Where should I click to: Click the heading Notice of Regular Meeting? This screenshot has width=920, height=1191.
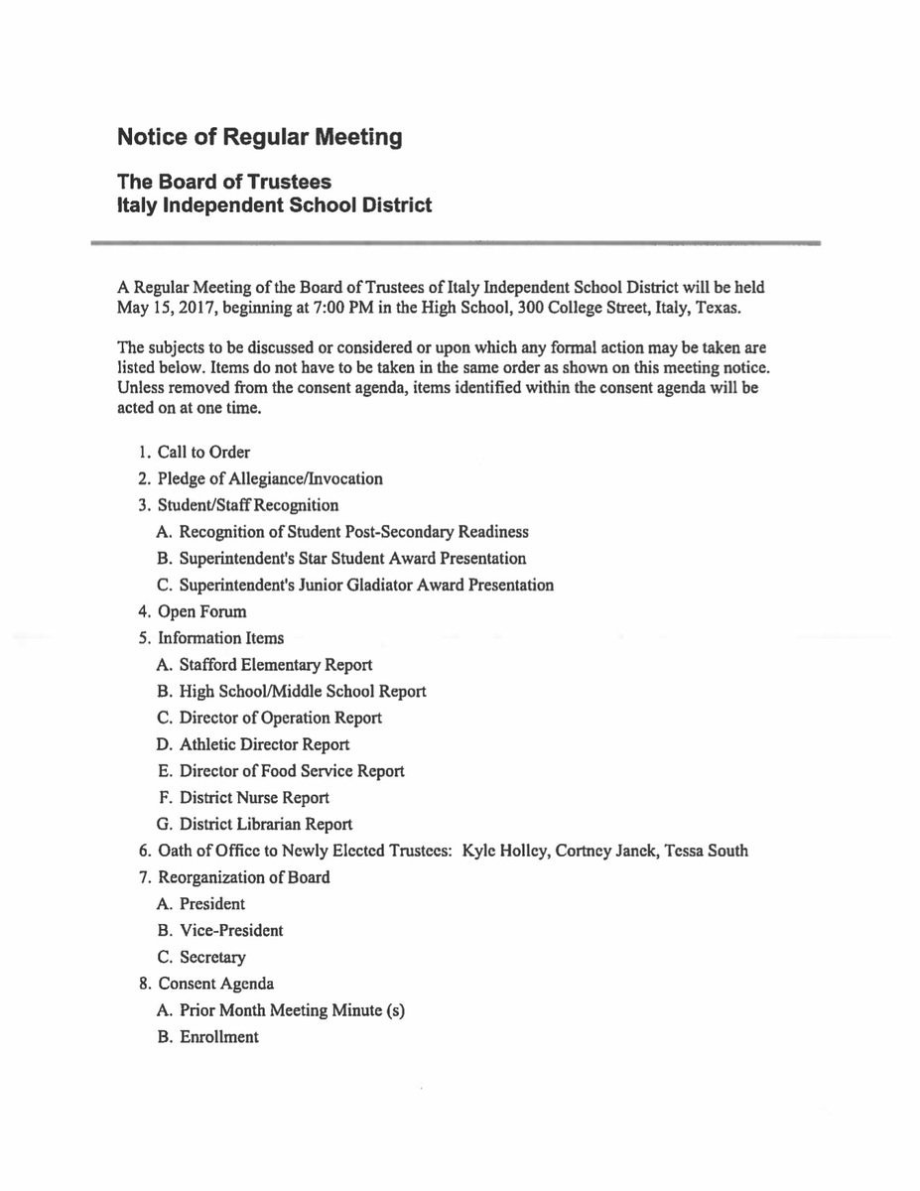[x=259, y=138]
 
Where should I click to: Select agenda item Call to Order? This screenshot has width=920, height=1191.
[x=203, y=453]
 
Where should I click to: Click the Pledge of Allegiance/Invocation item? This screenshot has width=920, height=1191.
[x=270, y=479]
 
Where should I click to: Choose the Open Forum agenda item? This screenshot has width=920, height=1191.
[x=202, y=612]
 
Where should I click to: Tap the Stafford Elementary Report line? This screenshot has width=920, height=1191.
[x=276, y=665]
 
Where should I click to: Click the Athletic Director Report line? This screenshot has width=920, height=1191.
[x=264, y=744]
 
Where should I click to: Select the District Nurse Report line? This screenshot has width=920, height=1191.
[x=254, y=798]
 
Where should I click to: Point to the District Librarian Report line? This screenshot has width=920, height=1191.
[x=266, y=825]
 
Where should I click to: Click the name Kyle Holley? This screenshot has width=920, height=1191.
[x=503, y=851]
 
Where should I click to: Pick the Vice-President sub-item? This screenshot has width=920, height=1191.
[x=231, y=931]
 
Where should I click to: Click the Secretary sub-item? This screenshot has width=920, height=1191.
[x=212, y=958]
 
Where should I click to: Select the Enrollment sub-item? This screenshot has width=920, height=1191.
[x=218, y=1037]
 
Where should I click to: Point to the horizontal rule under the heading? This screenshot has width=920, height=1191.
[x=457, y=242]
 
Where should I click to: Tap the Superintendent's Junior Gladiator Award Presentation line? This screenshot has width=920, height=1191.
[x=366, y=586]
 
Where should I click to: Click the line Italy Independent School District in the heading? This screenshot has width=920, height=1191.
[x=274, y=206]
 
